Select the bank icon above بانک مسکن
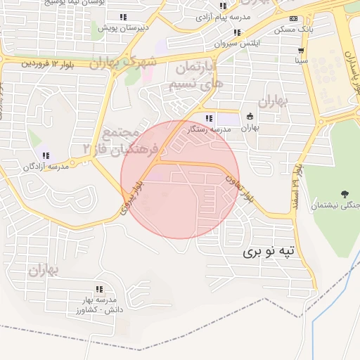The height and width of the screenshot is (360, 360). [x=294, y=19]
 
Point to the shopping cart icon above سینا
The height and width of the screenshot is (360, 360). [x=302, y=51]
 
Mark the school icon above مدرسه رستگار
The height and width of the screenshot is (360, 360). [x=208, y=118]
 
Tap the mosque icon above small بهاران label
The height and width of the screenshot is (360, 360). [x=250, y=117]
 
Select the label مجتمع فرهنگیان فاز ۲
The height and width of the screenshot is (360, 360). [x=105, y=141]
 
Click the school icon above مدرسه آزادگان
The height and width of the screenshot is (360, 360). [x=46, y=155]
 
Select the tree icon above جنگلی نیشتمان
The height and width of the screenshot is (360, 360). [x=345, y=193]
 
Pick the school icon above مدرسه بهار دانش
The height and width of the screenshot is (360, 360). [x=98, y=289]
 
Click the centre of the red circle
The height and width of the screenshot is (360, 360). [x=180, y=179]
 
